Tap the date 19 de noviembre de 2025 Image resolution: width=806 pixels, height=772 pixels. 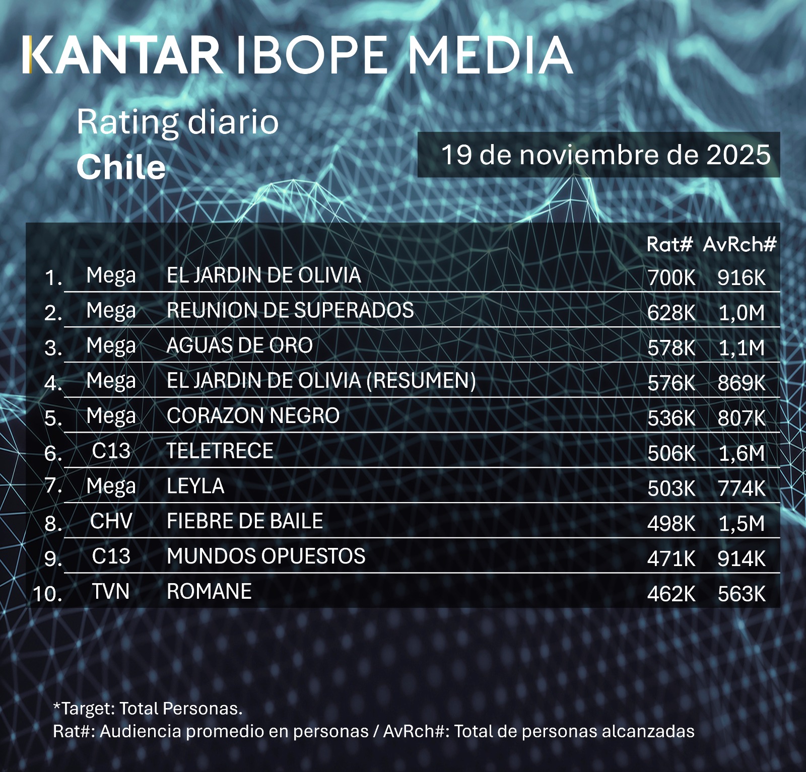(x=606, y=155)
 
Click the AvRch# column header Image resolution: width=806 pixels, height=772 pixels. (x=740, y=244)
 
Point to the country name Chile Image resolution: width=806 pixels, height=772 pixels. (x=121, y=167)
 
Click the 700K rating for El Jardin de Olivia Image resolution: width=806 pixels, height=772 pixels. (x=671, y=277)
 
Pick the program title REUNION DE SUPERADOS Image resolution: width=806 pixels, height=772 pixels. (x=290, y=310)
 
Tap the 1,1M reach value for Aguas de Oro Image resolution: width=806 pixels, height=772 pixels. (x=742, y=348)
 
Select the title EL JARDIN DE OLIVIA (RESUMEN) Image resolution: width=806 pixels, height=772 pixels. (x=321, y=381)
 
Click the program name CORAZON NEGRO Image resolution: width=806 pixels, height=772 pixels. (x=253, y=416)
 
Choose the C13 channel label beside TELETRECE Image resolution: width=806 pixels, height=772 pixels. (x=111, y=451)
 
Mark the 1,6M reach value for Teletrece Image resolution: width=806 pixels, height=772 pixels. (x=742, y=454)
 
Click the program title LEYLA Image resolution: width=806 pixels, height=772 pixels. (x=195, y=486)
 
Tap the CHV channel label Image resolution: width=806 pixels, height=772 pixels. (x=111, y=522)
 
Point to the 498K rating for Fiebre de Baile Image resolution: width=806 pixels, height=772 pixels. (x=671, y=524)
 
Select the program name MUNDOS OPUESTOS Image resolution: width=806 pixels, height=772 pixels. (x=266, y=556)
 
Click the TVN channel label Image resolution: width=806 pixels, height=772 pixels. (x=111, y=592)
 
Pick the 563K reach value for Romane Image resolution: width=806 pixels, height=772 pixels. (x=742, y=594)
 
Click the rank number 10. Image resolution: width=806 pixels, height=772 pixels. (x=47, y=594)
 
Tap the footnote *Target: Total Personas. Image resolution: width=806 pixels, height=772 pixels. (x=148, y=709)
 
